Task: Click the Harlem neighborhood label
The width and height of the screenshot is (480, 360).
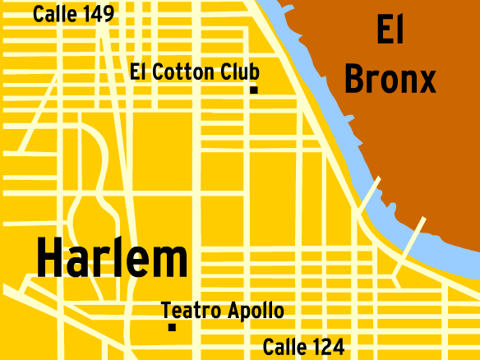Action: [112, 259]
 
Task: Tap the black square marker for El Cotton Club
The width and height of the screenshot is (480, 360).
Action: [254, 89]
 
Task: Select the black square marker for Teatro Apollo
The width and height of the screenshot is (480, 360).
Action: [172, 326]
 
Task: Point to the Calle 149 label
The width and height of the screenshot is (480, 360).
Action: [73, 13]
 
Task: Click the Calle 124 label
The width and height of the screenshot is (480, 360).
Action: [303, 347]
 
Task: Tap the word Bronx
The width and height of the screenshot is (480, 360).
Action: [390, 80]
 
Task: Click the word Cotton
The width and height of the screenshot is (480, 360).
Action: [186, 72]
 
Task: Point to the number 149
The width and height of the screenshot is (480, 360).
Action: [95, 13]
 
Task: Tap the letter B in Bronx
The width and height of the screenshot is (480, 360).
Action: [354, 80]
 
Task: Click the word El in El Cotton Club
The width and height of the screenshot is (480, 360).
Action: [139, 72]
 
